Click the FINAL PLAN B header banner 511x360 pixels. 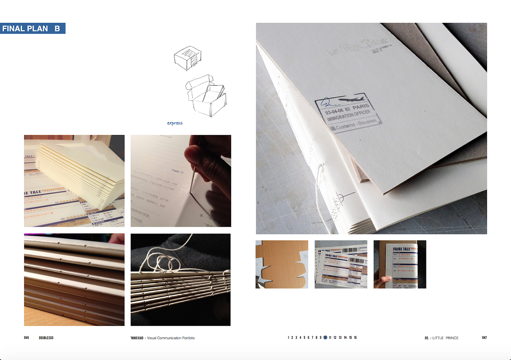[32, 29]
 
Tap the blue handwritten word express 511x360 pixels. [175, 123]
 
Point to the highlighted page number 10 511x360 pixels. [325, 338]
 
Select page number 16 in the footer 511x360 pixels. [355, 338]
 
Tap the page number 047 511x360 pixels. [484, 338]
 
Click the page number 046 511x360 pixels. [26, 338]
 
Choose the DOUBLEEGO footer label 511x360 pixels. [46, 338]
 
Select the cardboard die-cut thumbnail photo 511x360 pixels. [282, 264]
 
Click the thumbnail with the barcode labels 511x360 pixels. [341, 264]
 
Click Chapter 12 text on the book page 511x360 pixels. [177, 170]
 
